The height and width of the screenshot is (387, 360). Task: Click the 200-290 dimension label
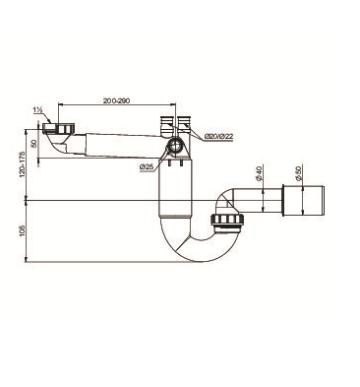tap(116, 100)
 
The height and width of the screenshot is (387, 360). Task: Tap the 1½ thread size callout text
tap(37, 110)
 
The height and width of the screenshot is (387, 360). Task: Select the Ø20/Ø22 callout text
tap(218, 136)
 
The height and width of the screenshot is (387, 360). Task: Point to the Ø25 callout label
tap(147, 167)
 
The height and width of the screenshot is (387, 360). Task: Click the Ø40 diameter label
tap(259, 173)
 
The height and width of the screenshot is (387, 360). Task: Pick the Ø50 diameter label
tap(298, 173)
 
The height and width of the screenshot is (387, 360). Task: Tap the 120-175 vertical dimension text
tap(23, 163)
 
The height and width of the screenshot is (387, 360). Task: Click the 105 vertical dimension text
tap(23, 231)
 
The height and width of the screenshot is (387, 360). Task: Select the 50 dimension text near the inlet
tap(33, 144)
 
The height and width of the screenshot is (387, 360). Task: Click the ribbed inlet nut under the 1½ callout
tap(59, 128)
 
